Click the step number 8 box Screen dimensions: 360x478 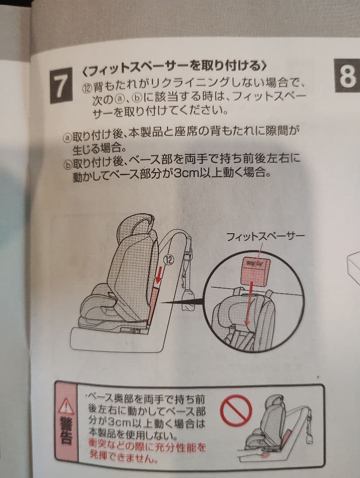pos(347,76)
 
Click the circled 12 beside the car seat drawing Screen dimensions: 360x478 pos(169,260)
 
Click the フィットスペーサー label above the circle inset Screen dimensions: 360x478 pos(265,237)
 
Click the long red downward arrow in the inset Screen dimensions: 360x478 pos(249,304)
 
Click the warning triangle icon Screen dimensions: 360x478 pos(66,406)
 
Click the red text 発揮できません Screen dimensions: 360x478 pos(124,456)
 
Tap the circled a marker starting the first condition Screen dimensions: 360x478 pos(67,137)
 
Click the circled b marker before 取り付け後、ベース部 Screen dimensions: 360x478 pos(68,165)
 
